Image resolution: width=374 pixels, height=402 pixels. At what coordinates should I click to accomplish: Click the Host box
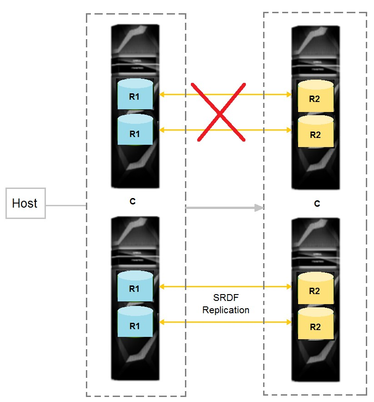click(25, 203)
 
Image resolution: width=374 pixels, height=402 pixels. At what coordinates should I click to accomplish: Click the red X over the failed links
click(220, 112)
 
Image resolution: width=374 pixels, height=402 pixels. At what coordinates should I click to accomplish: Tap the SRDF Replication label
click(226, 304)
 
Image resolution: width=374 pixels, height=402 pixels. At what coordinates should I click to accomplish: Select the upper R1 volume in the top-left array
click(135, 94)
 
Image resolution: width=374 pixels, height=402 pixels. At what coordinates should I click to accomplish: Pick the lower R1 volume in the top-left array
click(135, 130)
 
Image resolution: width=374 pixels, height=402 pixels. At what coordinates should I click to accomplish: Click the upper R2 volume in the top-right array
click(316, 96)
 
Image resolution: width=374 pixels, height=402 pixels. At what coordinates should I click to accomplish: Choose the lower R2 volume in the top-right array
click(316, 131)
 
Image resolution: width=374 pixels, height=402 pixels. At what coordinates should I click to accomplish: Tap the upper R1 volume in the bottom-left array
click(135, 286)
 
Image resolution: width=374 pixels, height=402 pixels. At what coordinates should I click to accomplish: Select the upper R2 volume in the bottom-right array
click(316, 288)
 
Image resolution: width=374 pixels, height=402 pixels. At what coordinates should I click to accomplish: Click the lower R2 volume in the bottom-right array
click(316, 324)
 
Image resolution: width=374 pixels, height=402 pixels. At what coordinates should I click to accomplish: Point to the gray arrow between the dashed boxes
click(224, 208)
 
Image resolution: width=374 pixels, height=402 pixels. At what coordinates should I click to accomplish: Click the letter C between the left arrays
click(132, 202)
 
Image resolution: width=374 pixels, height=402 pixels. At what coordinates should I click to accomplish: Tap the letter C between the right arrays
click(317, 204)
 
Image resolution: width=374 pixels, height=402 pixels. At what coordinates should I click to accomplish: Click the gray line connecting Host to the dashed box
click(66, 205)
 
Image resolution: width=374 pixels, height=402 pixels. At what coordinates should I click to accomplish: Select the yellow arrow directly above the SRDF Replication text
click(225, 286)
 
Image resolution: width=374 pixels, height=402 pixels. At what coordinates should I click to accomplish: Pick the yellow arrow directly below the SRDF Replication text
click(225, 322)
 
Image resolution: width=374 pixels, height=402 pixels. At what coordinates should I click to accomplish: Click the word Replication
click(226, 310)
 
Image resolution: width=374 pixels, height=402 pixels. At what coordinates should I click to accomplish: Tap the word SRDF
click(226, 298)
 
